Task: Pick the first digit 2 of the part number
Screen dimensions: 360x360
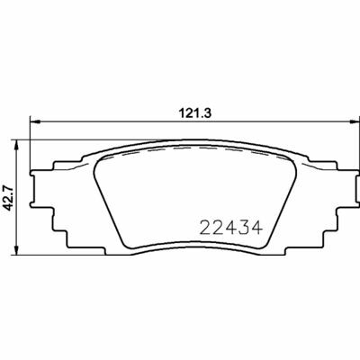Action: coord(203,226)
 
